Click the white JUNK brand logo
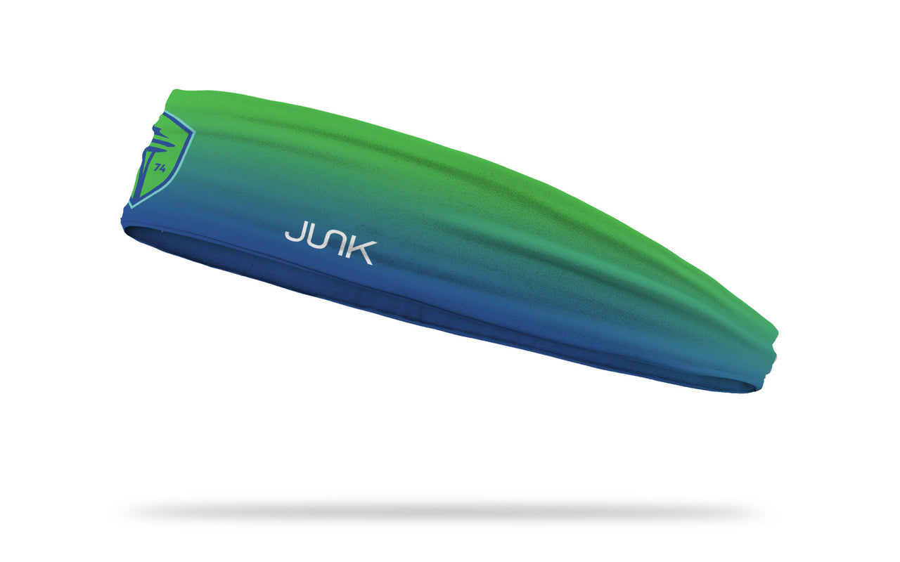(x=330, y=246)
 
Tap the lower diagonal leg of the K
(x=366, y=259)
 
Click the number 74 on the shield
(x=160, y=169)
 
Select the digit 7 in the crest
(x=157, y=168)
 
